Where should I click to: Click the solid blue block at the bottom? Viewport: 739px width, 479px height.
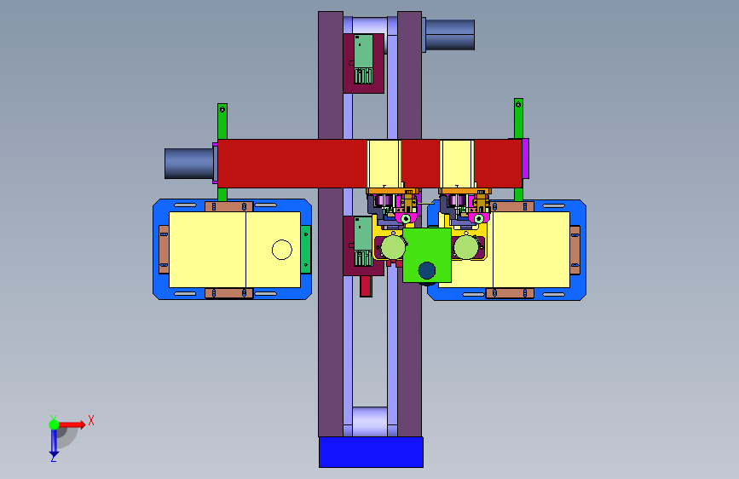[371, 452]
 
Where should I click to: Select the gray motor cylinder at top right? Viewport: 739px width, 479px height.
[450, 34]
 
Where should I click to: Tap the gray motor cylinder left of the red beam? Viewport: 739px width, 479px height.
[189, 164]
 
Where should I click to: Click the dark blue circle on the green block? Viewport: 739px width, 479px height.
[426, 271]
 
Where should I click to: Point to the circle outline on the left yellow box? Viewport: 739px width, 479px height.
[282, 250]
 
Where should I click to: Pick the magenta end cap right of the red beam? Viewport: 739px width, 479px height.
[526, 159]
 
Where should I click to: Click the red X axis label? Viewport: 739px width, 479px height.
[91, 420]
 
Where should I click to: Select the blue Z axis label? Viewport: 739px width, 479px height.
[54, 458]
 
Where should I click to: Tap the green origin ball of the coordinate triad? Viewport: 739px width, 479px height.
[54, 424]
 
